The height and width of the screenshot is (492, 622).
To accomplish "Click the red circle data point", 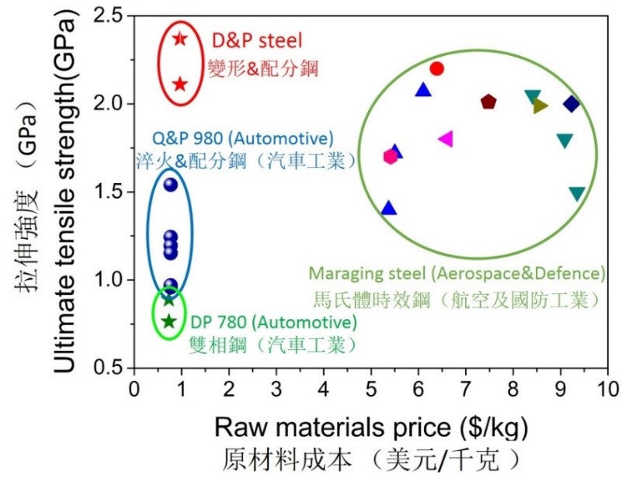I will tap(436, 68).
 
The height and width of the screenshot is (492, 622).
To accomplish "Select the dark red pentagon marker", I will tap(488, 102).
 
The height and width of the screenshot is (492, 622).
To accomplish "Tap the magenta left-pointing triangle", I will tap(446, 139).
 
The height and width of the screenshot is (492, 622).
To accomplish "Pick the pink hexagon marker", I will tap(391, 157).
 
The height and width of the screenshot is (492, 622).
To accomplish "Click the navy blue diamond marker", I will tap(572, 104).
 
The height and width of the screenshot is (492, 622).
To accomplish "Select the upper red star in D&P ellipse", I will tap(180, 38).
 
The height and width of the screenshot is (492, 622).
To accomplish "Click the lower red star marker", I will tap(180, 84).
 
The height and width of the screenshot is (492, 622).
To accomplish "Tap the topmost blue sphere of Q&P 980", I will tap(170, 185).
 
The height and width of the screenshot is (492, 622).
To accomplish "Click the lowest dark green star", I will tap(169, 321).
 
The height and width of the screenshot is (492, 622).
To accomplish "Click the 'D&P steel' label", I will tap(257, 40).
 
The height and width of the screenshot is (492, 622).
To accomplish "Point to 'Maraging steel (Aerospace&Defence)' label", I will tap(457, 273).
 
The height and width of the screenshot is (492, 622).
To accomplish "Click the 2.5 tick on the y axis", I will tap(113, 15).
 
